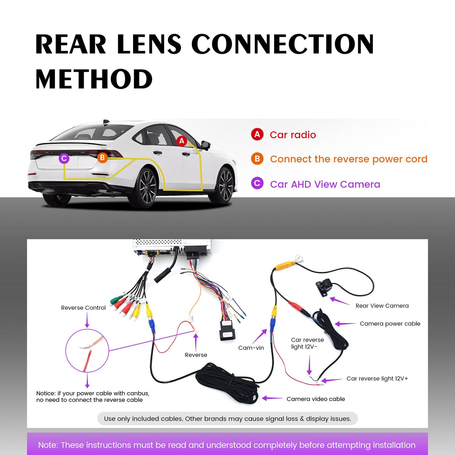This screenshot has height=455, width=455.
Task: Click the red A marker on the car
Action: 182,141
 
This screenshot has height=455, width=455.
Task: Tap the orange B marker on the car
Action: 102,157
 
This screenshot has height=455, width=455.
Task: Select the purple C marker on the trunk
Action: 64,158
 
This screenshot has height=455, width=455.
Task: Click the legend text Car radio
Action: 293,135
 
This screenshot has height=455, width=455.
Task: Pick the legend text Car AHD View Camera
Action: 325,184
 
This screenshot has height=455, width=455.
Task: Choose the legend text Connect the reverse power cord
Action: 349,159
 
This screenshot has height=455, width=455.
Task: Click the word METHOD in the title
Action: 94,79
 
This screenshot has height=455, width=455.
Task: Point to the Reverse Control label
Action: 83,308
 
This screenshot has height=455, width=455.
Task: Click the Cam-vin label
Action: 251,348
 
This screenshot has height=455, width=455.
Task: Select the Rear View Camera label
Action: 382,306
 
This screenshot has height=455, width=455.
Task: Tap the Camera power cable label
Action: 390,324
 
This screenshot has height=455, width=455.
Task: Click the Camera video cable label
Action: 316,399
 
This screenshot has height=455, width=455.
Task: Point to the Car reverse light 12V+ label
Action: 377,378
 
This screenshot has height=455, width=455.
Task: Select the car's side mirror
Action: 205,145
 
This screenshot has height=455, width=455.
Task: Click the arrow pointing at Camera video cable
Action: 272,399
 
